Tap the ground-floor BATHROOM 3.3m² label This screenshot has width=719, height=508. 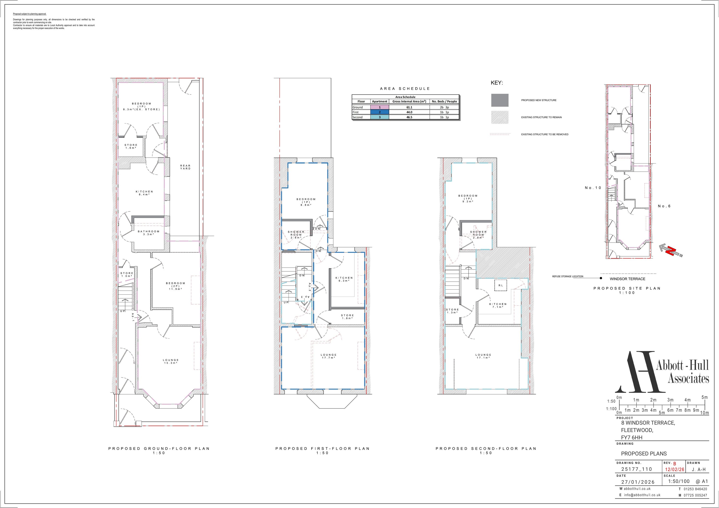pyautogui.click(x=149, y=233)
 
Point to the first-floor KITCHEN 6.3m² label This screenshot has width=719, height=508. pyautogui.click(x=344, y=279)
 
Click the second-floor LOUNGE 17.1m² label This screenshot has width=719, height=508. pyautogui.click(x=483, y=356)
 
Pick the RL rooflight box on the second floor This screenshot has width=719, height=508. pyautogui.click(x=501, y=285)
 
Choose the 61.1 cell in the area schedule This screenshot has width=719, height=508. pyautogui.click(x=409, y=107)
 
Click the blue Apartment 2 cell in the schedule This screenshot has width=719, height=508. pyautogui.click(x=380, y=112)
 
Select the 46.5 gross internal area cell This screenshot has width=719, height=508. pyautogui.click(x=409, y=117)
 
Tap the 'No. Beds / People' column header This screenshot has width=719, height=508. pyautogui.click(x=444, y=101)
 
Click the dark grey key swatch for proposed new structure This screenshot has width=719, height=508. pyautogui.click(x=500, y=100)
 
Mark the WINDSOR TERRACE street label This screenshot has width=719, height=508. pyautogui.click(x=627, y=279)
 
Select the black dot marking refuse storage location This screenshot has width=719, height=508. pyautogui.click(x=601, y=278)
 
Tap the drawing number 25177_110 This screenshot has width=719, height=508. pyautogui.click(x=637, y=469)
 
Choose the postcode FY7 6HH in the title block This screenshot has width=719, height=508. pyautogui.click(x=632, y=438)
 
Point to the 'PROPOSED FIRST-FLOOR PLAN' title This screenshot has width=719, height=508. pyautogui.click(x=323, y=449)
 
